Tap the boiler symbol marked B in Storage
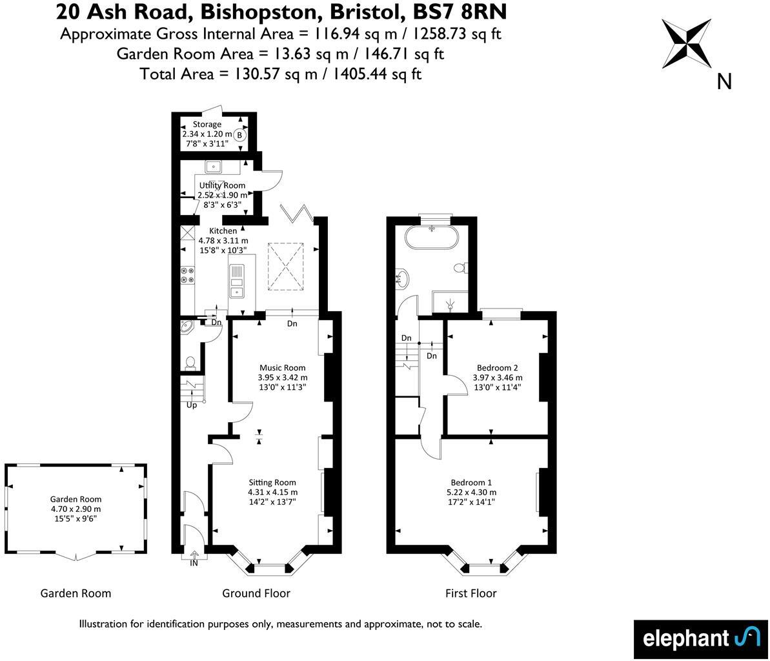coord(239,136)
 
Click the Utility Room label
coord(222,185)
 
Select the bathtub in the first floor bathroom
coord(432,238)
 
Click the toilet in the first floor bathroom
coord(461,267)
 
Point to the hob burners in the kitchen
coord(187,276)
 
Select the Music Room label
coord(282,367)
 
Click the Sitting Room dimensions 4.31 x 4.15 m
coord(273,493)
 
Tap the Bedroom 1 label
coord(471,482)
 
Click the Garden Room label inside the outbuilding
coord(76,499)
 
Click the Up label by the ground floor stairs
coord(192,405)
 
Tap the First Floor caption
coord(471,593)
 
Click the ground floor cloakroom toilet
coord(190,363)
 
